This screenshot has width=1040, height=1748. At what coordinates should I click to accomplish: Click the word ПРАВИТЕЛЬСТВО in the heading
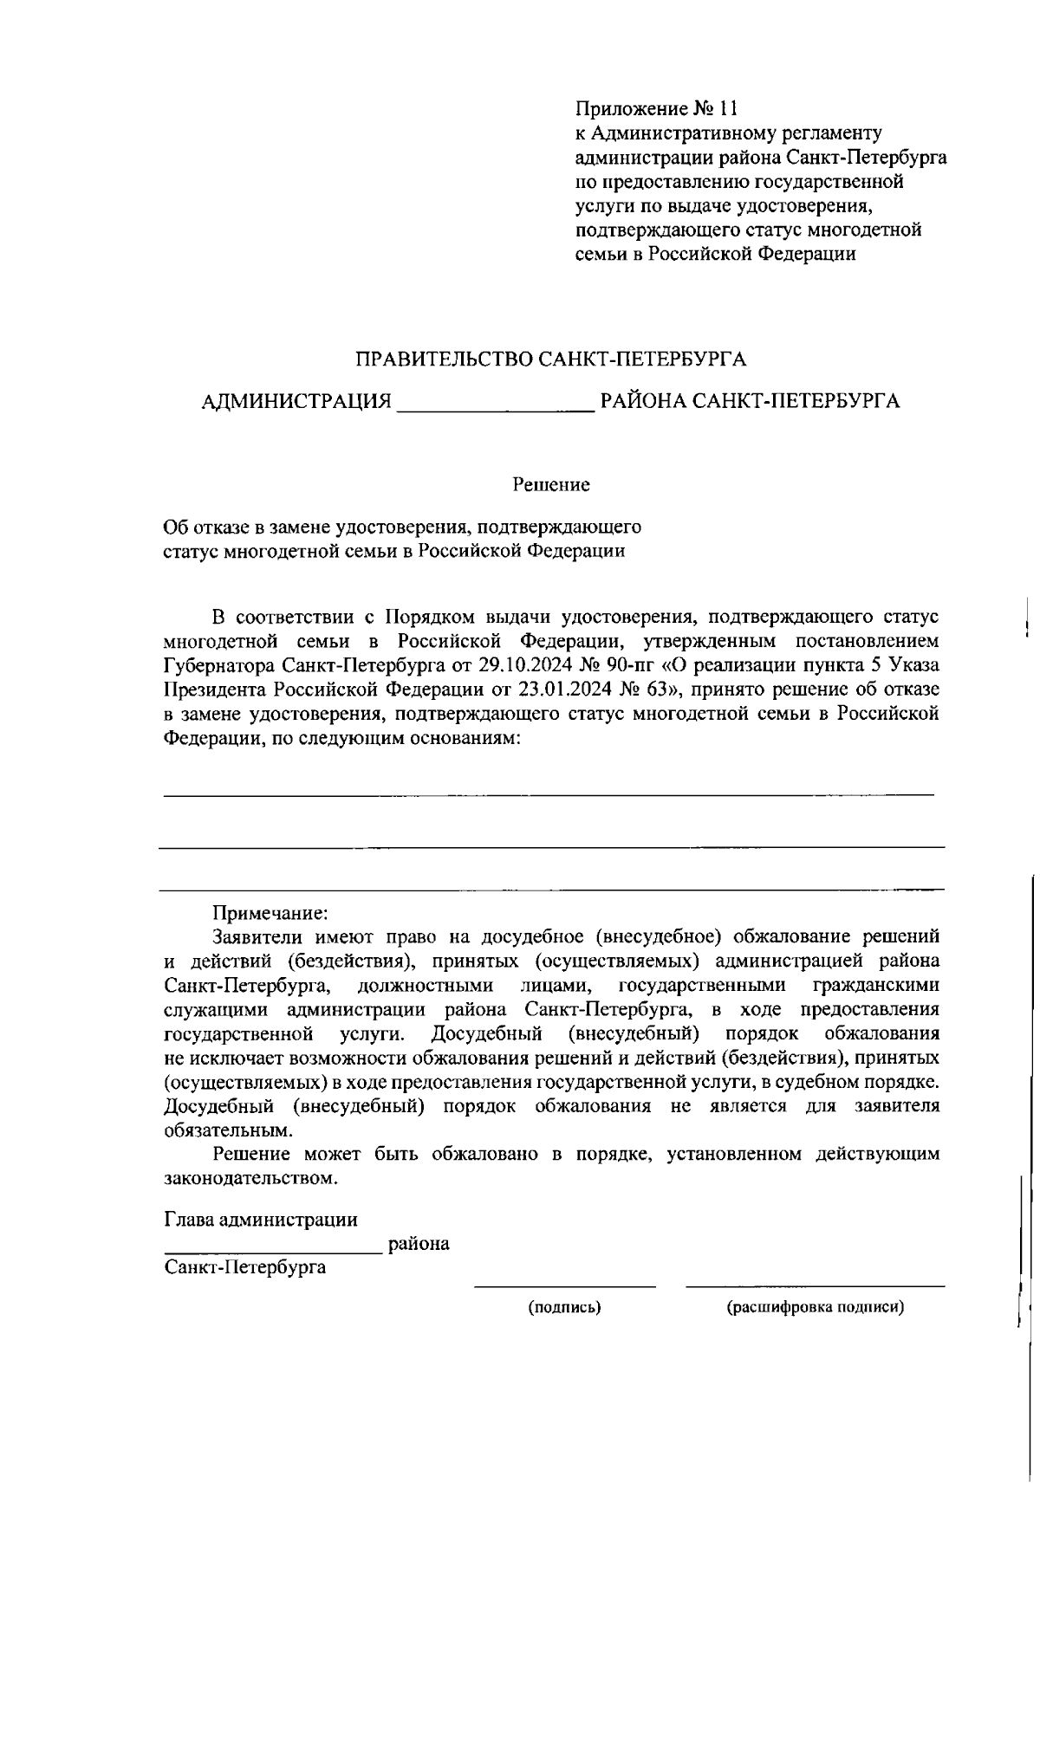tap(444, 359)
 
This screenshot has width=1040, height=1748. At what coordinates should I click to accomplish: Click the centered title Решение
tap(551, 485)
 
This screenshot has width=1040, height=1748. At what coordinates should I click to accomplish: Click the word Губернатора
tap(220, 666)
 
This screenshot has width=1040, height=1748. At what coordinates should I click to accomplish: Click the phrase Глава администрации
tap(261, 1220)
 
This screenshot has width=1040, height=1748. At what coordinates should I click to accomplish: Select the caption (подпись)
tap(565, 1308)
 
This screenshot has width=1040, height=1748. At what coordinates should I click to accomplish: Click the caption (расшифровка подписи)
tap(815, 1308)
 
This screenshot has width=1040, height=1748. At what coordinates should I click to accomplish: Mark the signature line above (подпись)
tap(565, 1286)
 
